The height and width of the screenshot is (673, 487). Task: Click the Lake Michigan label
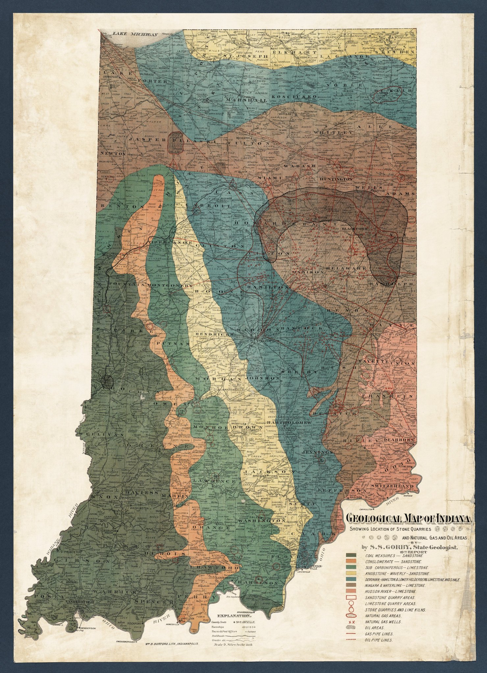135,34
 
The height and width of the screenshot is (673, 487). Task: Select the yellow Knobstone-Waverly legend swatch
349,573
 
